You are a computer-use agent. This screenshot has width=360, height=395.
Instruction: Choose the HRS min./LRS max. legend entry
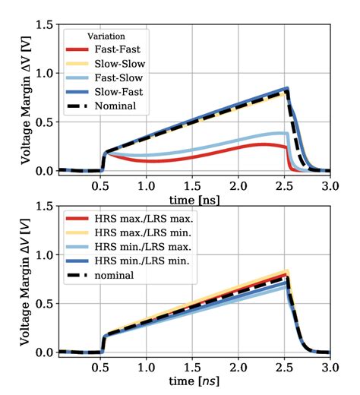[x=129, y=248]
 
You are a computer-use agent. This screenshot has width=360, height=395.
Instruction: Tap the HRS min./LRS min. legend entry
[x=129, y=261]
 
